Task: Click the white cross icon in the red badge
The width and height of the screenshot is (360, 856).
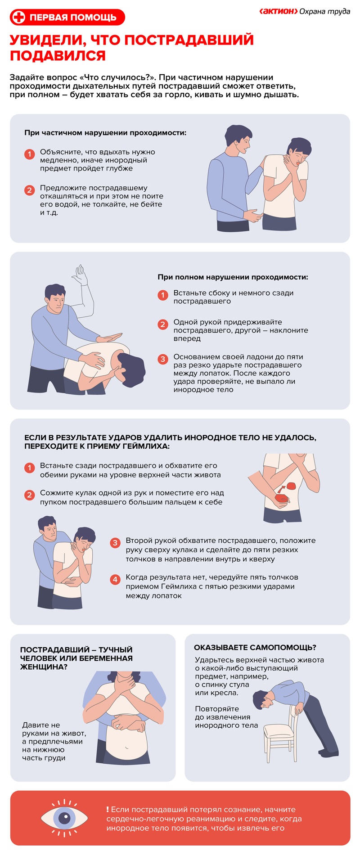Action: click(19, 18)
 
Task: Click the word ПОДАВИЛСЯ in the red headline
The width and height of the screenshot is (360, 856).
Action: click(58, 56)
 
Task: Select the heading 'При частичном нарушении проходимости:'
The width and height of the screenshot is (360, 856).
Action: click(105, 133)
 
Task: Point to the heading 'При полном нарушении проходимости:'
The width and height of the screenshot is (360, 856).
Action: click(233, 277)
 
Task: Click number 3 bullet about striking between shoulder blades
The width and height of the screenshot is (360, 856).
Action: click(163, 359)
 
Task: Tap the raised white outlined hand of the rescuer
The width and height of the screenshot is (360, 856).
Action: click(81, 275)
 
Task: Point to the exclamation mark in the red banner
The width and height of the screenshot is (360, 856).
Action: click(108, 809)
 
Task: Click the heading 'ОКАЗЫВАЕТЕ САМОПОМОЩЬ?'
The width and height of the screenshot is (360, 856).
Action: click(255, 648)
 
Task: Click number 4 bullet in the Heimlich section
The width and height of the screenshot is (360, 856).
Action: click(115, 579)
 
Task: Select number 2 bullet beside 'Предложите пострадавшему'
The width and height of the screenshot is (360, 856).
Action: click(29, 190)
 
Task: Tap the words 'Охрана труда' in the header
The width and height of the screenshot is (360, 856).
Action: click(324, 11)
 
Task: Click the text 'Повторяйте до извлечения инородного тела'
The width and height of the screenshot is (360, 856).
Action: click(226, 717)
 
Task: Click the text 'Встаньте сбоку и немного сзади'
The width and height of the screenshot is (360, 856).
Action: click(234, 293)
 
